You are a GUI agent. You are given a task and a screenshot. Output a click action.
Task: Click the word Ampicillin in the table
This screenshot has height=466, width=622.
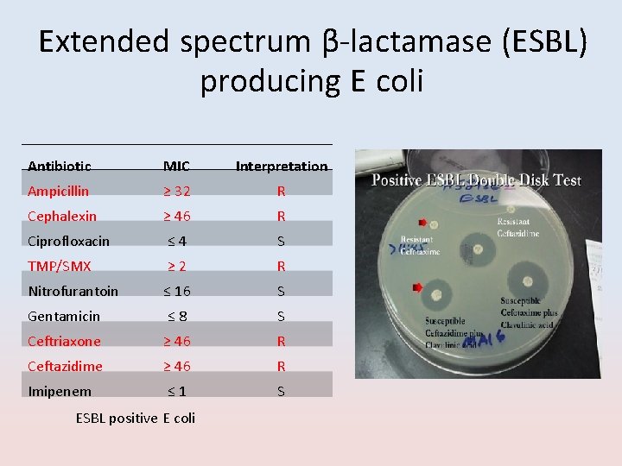[58, 191]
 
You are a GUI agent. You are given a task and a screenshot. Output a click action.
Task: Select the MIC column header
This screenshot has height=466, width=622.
[177, 166]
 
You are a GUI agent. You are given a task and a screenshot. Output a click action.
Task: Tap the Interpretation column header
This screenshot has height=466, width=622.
[282, 166]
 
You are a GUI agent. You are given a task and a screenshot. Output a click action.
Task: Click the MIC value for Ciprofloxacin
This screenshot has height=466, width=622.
[177, 241]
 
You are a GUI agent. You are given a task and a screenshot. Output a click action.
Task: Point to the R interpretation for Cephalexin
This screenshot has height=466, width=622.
[282, 216]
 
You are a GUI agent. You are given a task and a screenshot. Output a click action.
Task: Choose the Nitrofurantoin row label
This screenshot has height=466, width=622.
[73, 291]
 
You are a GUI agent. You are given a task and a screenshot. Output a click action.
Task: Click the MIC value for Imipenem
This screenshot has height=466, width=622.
[177, 391]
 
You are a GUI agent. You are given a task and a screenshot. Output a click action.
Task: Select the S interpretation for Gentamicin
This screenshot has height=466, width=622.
[282, 316]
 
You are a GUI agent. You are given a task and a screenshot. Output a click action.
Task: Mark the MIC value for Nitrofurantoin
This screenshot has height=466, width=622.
[177, 291]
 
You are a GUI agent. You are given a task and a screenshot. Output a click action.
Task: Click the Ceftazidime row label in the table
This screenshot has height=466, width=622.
[65, 366]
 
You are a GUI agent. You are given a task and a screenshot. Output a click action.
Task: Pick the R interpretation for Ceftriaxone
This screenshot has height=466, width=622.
[282, 341]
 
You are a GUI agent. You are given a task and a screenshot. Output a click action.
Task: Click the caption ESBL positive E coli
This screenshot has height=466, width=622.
[136, 418]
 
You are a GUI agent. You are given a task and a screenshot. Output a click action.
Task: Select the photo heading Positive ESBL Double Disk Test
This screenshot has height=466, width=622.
[477, 180]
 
